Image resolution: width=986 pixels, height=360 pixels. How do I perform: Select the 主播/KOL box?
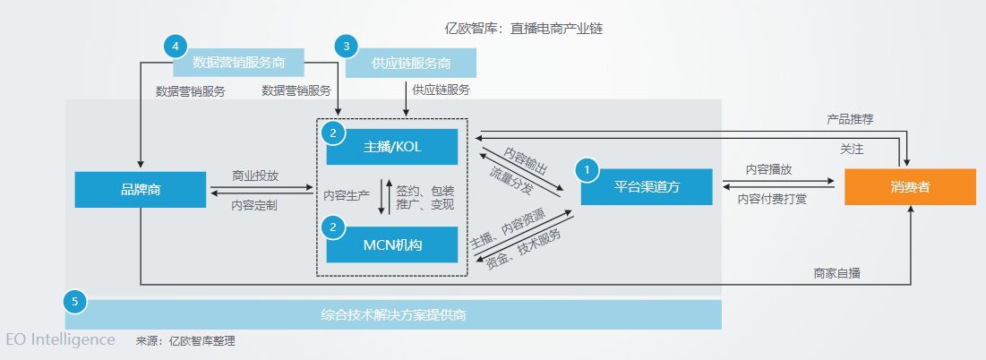[x=391, y=148]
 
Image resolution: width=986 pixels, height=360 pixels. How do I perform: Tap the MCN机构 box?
[x=391, y=244]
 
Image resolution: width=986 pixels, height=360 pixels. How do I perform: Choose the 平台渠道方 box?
[x=646, y=187]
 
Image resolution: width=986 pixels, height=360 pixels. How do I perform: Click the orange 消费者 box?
[x=910, y=187]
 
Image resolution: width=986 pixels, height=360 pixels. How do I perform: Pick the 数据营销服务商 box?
[x=237, y=63]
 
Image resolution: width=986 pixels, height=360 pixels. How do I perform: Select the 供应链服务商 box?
[x=411, y=63]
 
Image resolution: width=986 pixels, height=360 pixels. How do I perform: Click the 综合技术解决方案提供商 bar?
[x=393, y=315]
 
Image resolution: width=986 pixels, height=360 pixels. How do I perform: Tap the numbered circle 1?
[x=587, y=167]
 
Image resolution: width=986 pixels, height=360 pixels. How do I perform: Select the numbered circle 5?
[x=75, y=302]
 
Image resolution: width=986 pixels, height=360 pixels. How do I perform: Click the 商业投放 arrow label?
[x=254, y=176]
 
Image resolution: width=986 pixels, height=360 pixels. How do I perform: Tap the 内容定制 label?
[x=254, y=205]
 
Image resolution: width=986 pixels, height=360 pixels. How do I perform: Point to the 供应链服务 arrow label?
[x=441, y=90]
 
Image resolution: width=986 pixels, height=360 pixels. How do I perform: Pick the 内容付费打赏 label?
[x=772, y=199]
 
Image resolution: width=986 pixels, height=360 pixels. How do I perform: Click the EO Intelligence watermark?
[x=60, y=340]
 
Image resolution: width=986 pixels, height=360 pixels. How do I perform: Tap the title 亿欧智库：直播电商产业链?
[x=524, y=28]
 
